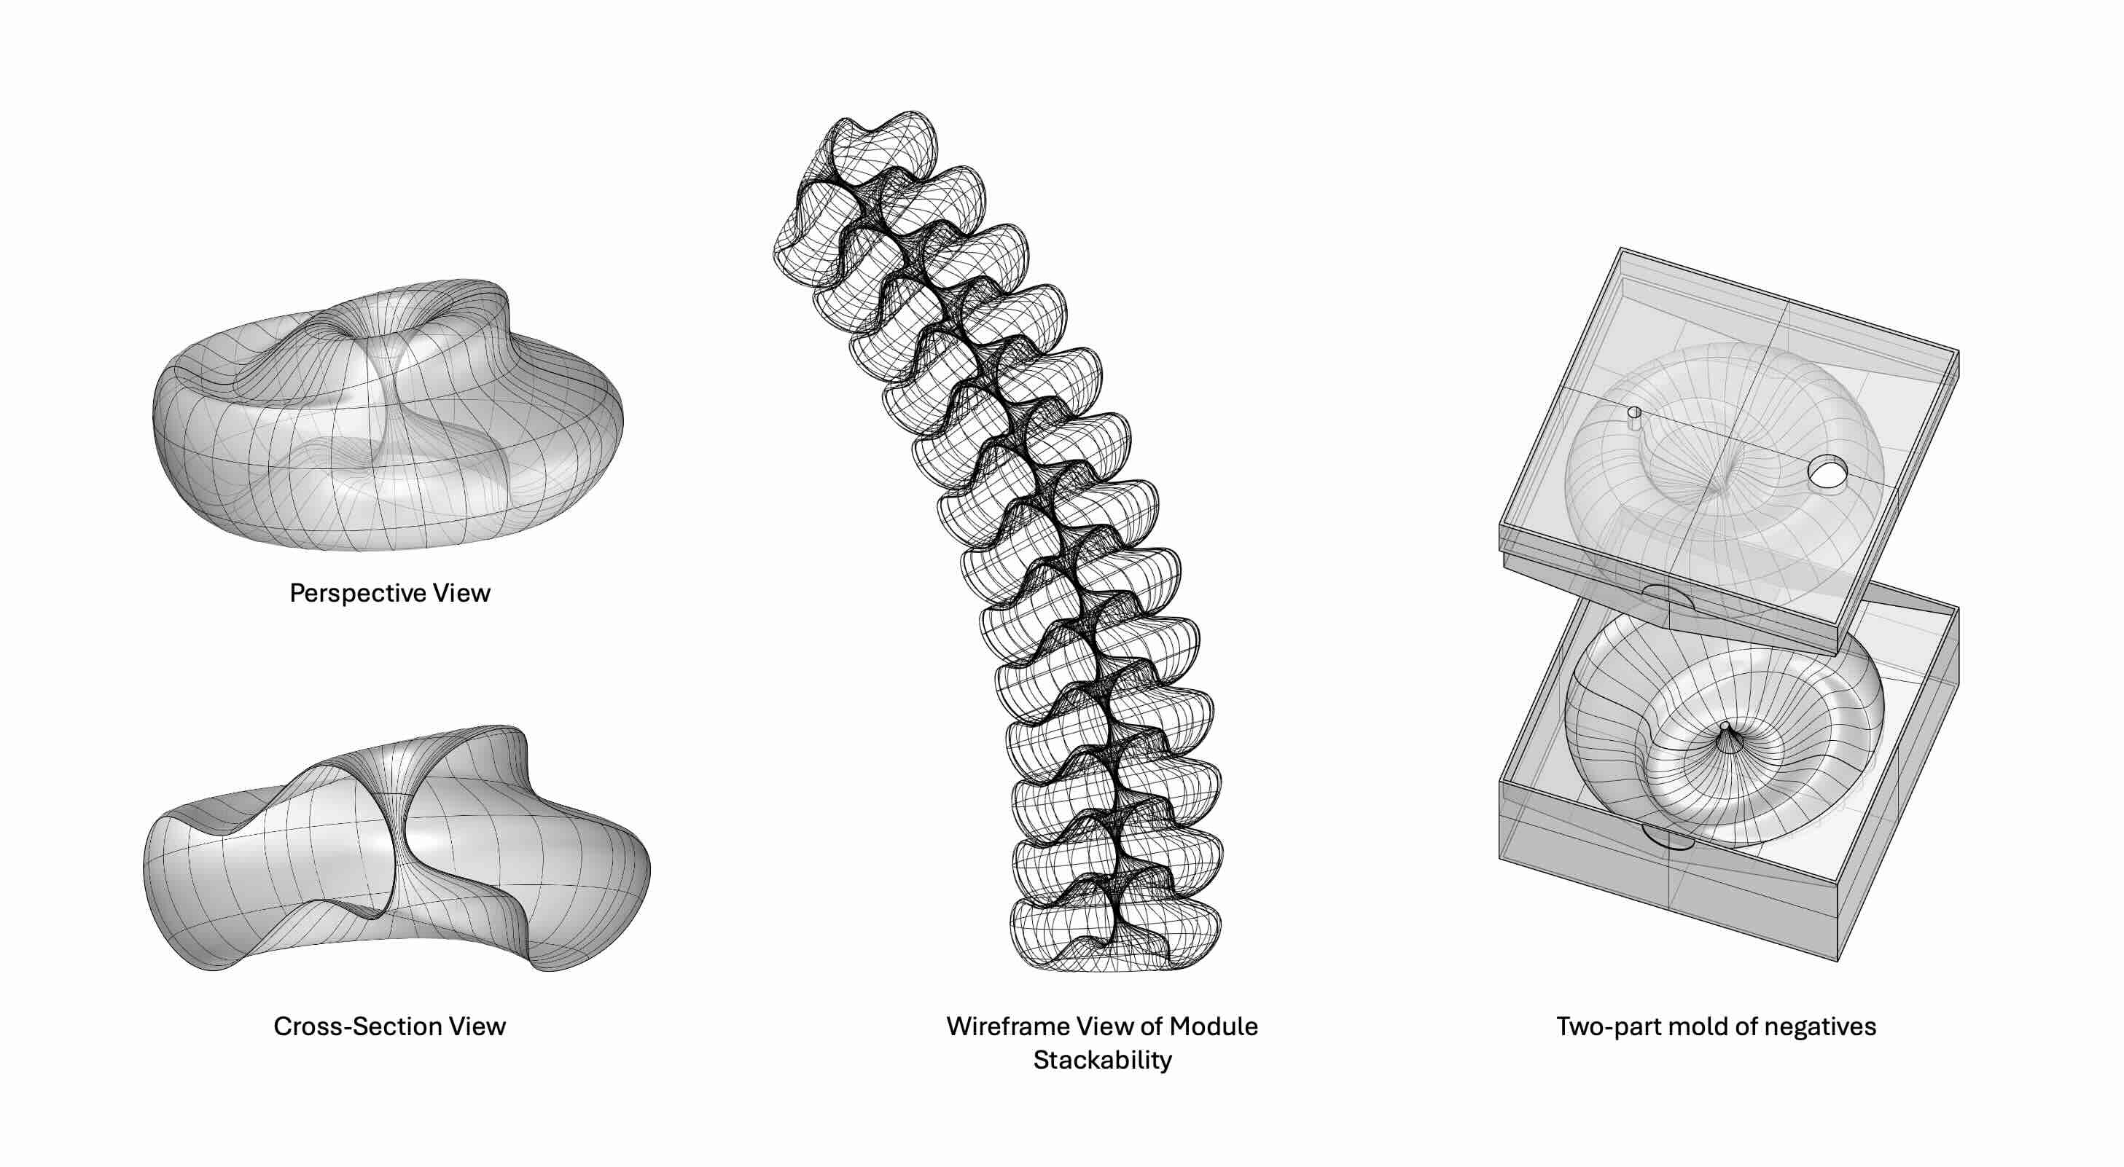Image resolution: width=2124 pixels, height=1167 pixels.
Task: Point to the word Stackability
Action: pyautogui.click(x=1102, y=1060)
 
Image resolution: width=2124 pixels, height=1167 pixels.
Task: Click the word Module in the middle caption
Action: pyautogui.click(x=1214, y=1026)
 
